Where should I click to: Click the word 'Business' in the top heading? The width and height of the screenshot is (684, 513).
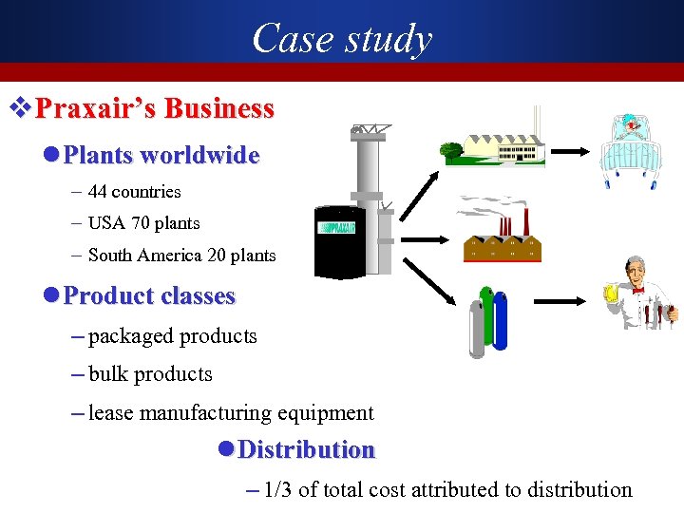pos(218,108)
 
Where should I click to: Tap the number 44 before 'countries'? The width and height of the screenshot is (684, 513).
pos(97,192)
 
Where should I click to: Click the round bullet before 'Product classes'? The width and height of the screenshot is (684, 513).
pos(52,295)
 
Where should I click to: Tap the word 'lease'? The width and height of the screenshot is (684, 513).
pos(110,413)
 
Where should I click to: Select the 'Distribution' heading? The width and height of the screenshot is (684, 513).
pos(306,449)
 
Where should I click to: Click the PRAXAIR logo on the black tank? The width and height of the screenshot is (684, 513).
pos(338,228)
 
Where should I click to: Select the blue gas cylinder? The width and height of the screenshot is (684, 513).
pos(501,323)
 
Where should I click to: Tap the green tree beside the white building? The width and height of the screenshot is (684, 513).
pos(451,149)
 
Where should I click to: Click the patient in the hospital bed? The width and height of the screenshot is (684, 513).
pos(628,133)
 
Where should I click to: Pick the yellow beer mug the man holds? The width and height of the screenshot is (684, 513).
pos(611,291)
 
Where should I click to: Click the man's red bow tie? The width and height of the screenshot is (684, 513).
pos(637,289)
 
